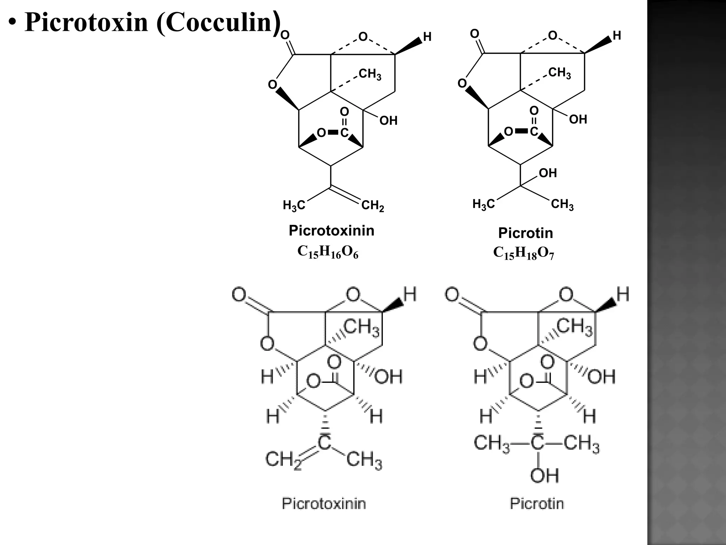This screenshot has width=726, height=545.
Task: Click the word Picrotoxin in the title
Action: point(86,22)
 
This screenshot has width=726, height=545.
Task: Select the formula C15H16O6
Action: point(328,252)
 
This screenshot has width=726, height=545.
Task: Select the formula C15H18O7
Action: point(523,253)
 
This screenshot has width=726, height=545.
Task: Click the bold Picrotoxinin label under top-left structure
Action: point(331,231)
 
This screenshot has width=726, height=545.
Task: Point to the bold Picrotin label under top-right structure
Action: point(525,233)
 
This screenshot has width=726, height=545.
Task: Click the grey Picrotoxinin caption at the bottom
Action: point(324,503)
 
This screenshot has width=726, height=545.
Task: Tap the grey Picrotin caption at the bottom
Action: point(537,503)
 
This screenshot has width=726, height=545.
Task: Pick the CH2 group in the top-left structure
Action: point(373,206)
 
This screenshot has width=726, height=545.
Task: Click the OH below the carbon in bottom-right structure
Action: point(544,475)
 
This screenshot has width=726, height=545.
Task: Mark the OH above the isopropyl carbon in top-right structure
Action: point(548,173)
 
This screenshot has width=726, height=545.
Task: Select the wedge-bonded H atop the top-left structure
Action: point(428,37)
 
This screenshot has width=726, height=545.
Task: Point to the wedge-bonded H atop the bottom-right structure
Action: point(623,294)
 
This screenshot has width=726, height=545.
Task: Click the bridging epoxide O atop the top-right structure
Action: point(552,35)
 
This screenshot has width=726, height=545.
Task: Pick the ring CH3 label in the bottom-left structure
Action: point(362,327)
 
